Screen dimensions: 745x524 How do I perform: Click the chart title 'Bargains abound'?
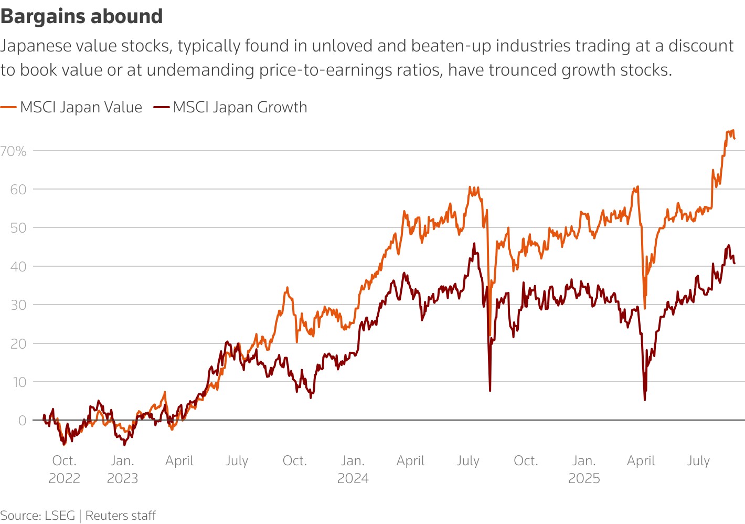click(x=81, y=16)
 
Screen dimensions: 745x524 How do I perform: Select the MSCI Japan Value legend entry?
click(x=71, y=107)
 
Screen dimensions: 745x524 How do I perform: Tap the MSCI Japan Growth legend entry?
click(x=230, y=107)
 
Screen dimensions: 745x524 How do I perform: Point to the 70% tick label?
click(x=13, y=151)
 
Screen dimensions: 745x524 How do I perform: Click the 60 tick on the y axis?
click(x=18, y=190)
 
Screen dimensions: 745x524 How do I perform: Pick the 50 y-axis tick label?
click(x=18, y=228)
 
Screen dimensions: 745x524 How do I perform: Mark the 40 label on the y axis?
click(x=18, y=266)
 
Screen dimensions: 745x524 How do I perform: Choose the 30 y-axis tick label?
click(x=18, y=305)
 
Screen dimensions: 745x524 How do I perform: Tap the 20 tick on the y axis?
click(x=18, y=343)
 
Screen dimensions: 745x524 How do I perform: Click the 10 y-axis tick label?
click(x=19, y=382)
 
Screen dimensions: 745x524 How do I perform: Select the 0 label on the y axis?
click(x=22, y=421)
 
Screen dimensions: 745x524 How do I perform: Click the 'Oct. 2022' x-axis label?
click(x=64, y=469)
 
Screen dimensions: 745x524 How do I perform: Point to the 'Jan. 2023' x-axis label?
click(x=122, y=469)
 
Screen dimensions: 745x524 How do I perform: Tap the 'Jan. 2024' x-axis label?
click(x=353, y=469)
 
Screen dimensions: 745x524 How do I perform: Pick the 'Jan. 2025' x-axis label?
click(x=584, y=469)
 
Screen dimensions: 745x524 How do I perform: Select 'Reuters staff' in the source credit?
click(x=120, y=516)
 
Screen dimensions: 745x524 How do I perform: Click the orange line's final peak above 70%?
click(x=733, y=131)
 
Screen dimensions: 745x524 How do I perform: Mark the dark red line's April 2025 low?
click(x=645, y=400)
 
